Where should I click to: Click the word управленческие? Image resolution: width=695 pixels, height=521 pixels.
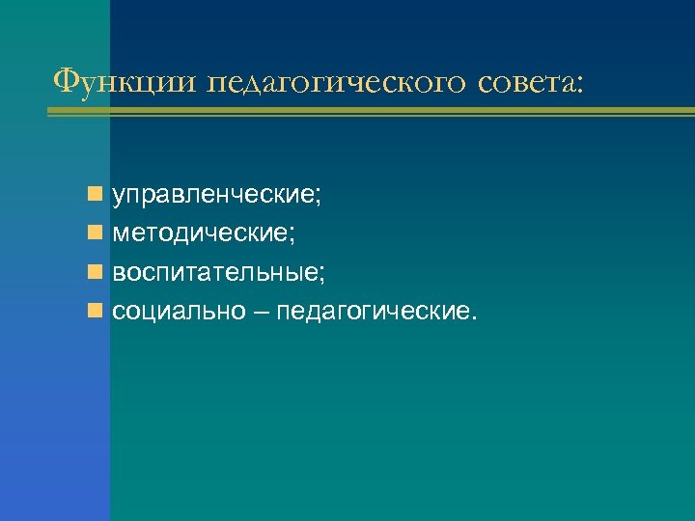[213, 197]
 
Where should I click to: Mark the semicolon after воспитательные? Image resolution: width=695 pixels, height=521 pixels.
[321, 277]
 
